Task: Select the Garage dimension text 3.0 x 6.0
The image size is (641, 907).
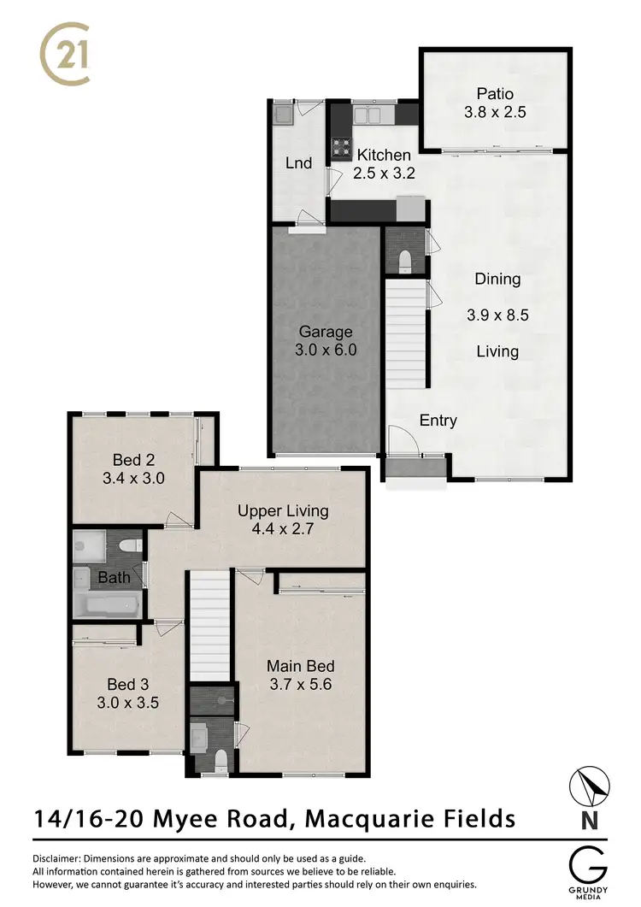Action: click(x=326, y=349)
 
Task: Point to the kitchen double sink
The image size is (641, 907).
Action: click(x=373, y=115)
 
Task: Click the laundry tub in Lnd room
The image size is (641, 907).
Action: click(x=283, y=113)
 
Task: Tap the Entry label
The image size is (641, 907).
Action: click(x=438, y=421)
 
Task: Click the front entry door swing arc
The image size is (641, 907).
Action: click(x=402, y=439)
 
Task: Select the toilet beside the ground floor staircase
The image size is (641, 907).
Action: click(x=405, y=257)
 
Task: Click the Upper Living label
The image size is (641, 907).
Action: click(x=283, y=511)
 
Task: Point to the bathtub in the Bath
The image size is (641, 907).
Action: click(x=108, y=605)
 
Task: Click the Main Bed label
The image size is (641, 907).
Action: click(x=300, y=666)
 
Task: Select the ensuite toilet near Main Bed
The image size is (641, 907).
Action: click(x=220, y=758)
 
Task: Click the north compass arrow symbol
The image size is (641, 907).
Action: click(x=589, y=786)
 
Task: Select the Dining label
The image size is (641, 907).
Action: click(x=497, y=279)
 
